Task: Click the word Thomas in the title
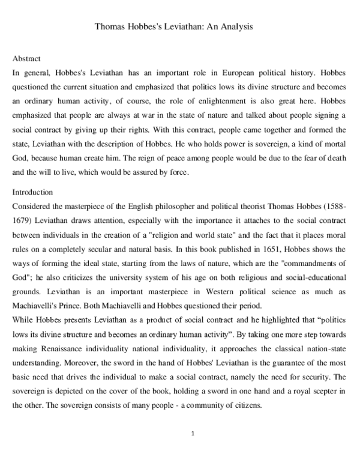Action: (x=109, y=27)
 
